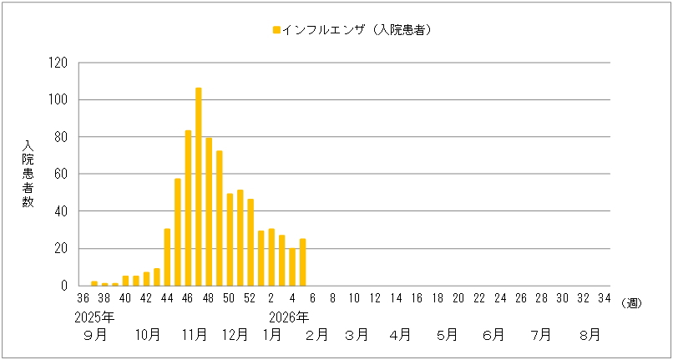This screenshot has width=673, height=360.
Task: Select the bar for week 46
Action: (x=188, y=208)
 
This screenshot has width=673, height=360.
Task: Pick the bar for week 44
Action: (x=167, y=256)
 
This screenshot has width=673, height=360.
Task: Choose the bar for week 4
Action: (x=292, y=267)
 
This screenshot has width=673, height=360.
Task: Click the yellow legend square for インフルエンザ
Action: (x=276, y=30)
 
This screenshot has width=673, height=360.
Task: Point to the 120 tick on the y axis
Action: (x=58, y=63)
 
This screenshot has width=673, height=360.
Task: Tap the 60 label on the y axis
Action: (x=61, y=174)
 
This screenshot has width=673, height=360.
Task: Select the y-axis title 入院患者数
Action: (x=28, y=174)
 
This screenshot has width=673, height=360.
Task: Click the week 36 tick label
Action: (x=83, y=298)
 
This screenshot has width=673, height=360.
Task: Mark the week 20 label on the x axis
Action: (x=458, y=298)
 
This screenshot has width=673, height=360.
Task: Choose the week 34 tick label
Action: (x=604, y=298)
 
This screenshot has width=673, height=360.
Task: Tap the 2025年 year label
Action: (x=94, y=317)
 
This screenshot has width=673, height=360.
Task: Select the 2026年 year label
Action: (x=290, y=317)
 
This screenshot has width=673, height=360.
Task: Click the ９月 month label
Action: (x=95, y=335)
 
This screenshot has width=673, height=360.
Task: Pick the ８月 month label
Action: (x=590, y=335)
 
